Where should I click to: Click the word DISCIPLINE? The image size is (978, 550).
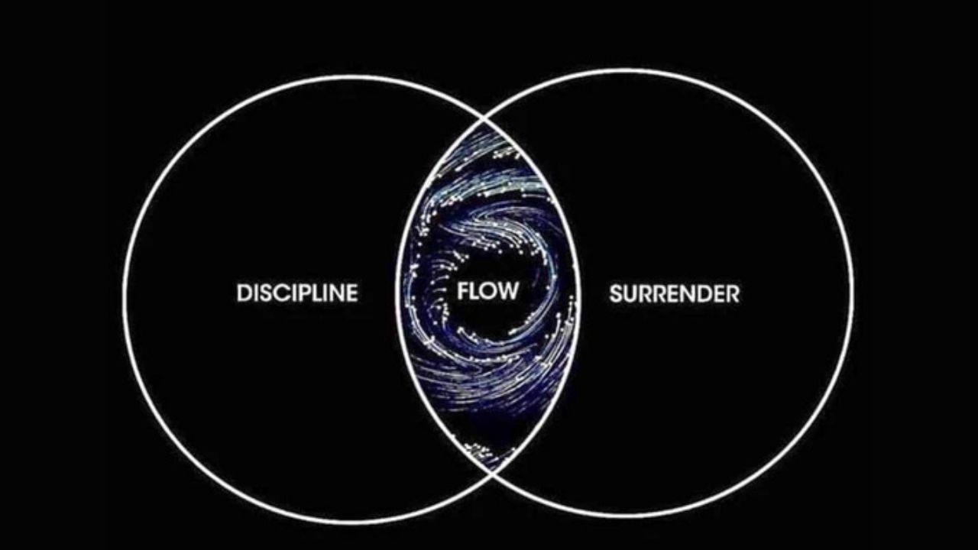pos(297,293)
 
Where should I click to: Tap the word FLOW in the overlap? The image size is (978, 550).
pos(487,291)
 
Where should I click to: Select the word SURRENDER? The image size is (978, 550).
pos(674,293)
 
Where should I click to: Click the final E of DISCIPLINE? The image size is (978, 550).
pos(351,293)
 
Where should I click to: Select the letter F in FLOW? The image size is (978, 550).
pos(463,291)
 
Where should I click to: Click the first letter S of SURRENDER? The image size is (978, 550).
pos(616,293)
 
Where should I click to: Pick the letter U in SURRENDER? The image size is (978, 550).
pos(630,293)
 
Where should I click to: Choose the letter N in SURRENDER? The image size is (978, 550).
pos(689,293)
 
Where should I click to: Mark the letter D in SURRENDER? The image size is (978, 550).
pos(704,293)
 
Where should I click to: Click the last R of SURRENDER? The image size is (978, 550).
pos(733,293)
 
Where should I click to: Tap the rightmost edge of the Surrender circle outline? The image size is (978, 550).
pos(853,294)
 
